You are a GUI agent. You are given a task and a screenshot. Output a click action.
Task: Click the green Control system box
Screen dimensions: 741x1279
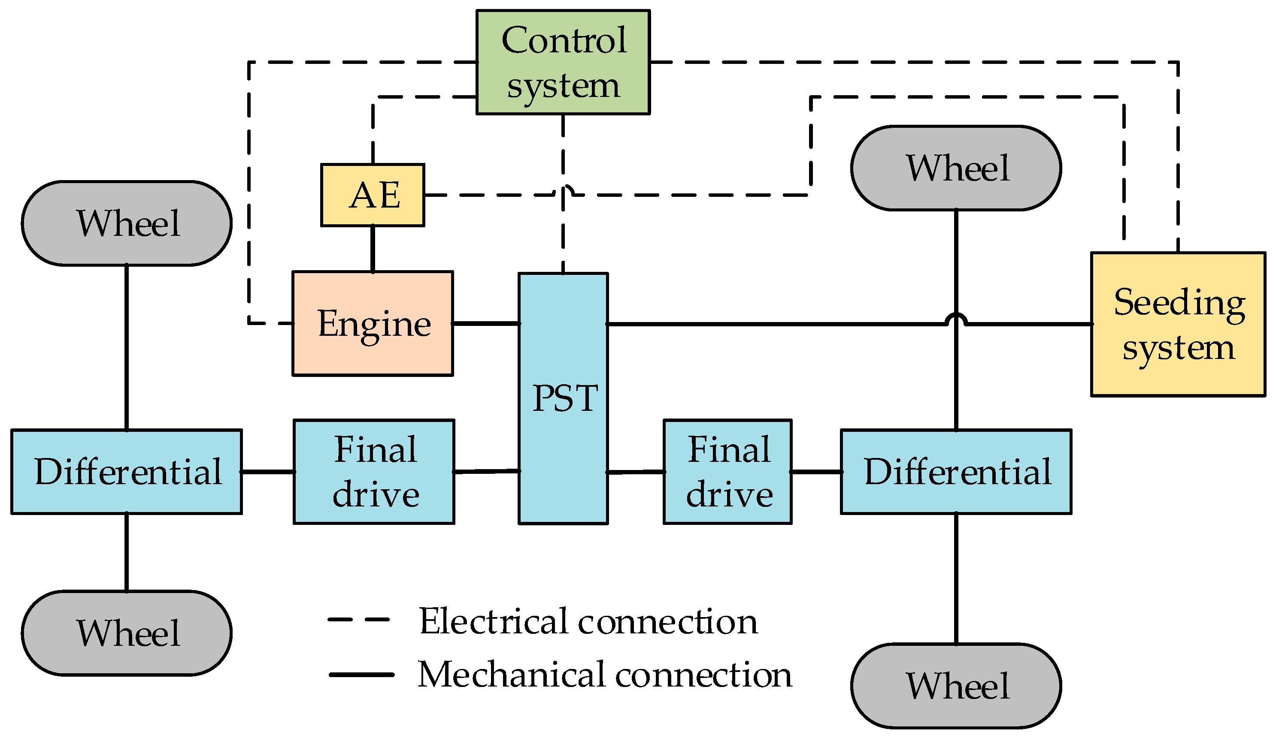562,62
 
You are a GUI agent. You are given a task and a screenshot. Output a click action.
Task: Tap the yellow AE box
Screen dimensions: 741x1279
373,195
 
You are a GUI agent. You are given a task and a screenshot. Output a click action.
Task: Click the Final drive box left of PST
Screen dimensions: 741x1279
373,471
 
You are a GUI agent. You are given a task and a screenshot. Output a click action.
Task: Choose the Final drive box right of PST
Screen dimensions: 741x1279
727,471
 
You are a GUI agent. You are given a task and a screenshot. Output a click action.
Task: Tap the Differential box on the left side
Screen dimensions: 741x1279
126,471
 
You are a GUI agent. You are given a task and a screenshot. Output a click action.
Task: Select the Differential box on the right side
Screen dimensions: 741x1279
956,471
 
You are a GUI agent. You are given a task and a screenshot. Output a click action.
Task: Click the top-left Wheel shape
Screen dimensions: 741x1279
126,223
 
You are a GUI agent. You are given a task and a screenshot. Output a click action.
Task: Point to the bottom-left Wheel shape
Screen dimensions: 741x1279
126,633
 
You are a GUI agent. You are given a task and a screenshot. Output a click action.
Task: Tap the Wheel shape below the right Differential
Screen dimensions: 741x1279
956,685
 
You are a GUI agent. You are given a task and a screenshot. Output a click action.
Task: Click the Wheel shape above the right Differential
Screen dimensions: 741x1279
956,168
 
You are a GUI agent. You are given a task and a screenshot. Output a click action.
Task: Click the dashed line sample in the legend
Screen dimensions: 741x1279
358,619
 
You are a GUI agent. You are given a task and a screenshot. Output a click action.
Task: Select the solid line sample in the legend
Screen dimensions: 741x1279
361,675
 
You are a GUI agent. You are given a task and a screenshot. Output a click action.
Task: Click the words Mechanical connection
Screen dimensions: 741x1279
604,675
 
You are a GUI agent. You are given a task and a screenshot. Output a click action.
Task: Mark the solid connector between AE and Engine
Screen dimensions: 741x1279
373,249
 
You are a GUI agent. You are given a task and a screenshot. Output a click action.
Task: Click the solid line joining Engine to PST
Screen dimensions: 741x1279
486,323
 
